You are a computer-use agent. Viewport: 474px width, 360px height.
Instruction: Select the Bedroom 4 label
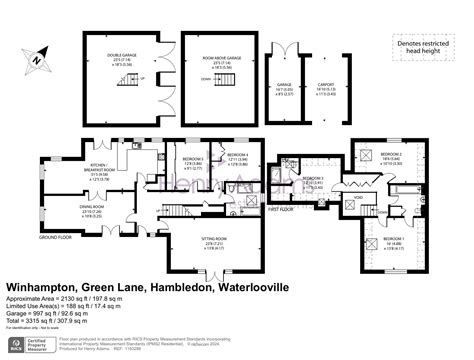coord(237,156)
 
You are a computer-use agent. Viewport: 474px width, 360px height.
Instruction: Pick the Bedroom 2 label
coord(390,154)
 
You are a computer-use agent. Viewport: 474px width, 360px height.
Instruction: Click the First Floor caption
coord(281,210)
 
